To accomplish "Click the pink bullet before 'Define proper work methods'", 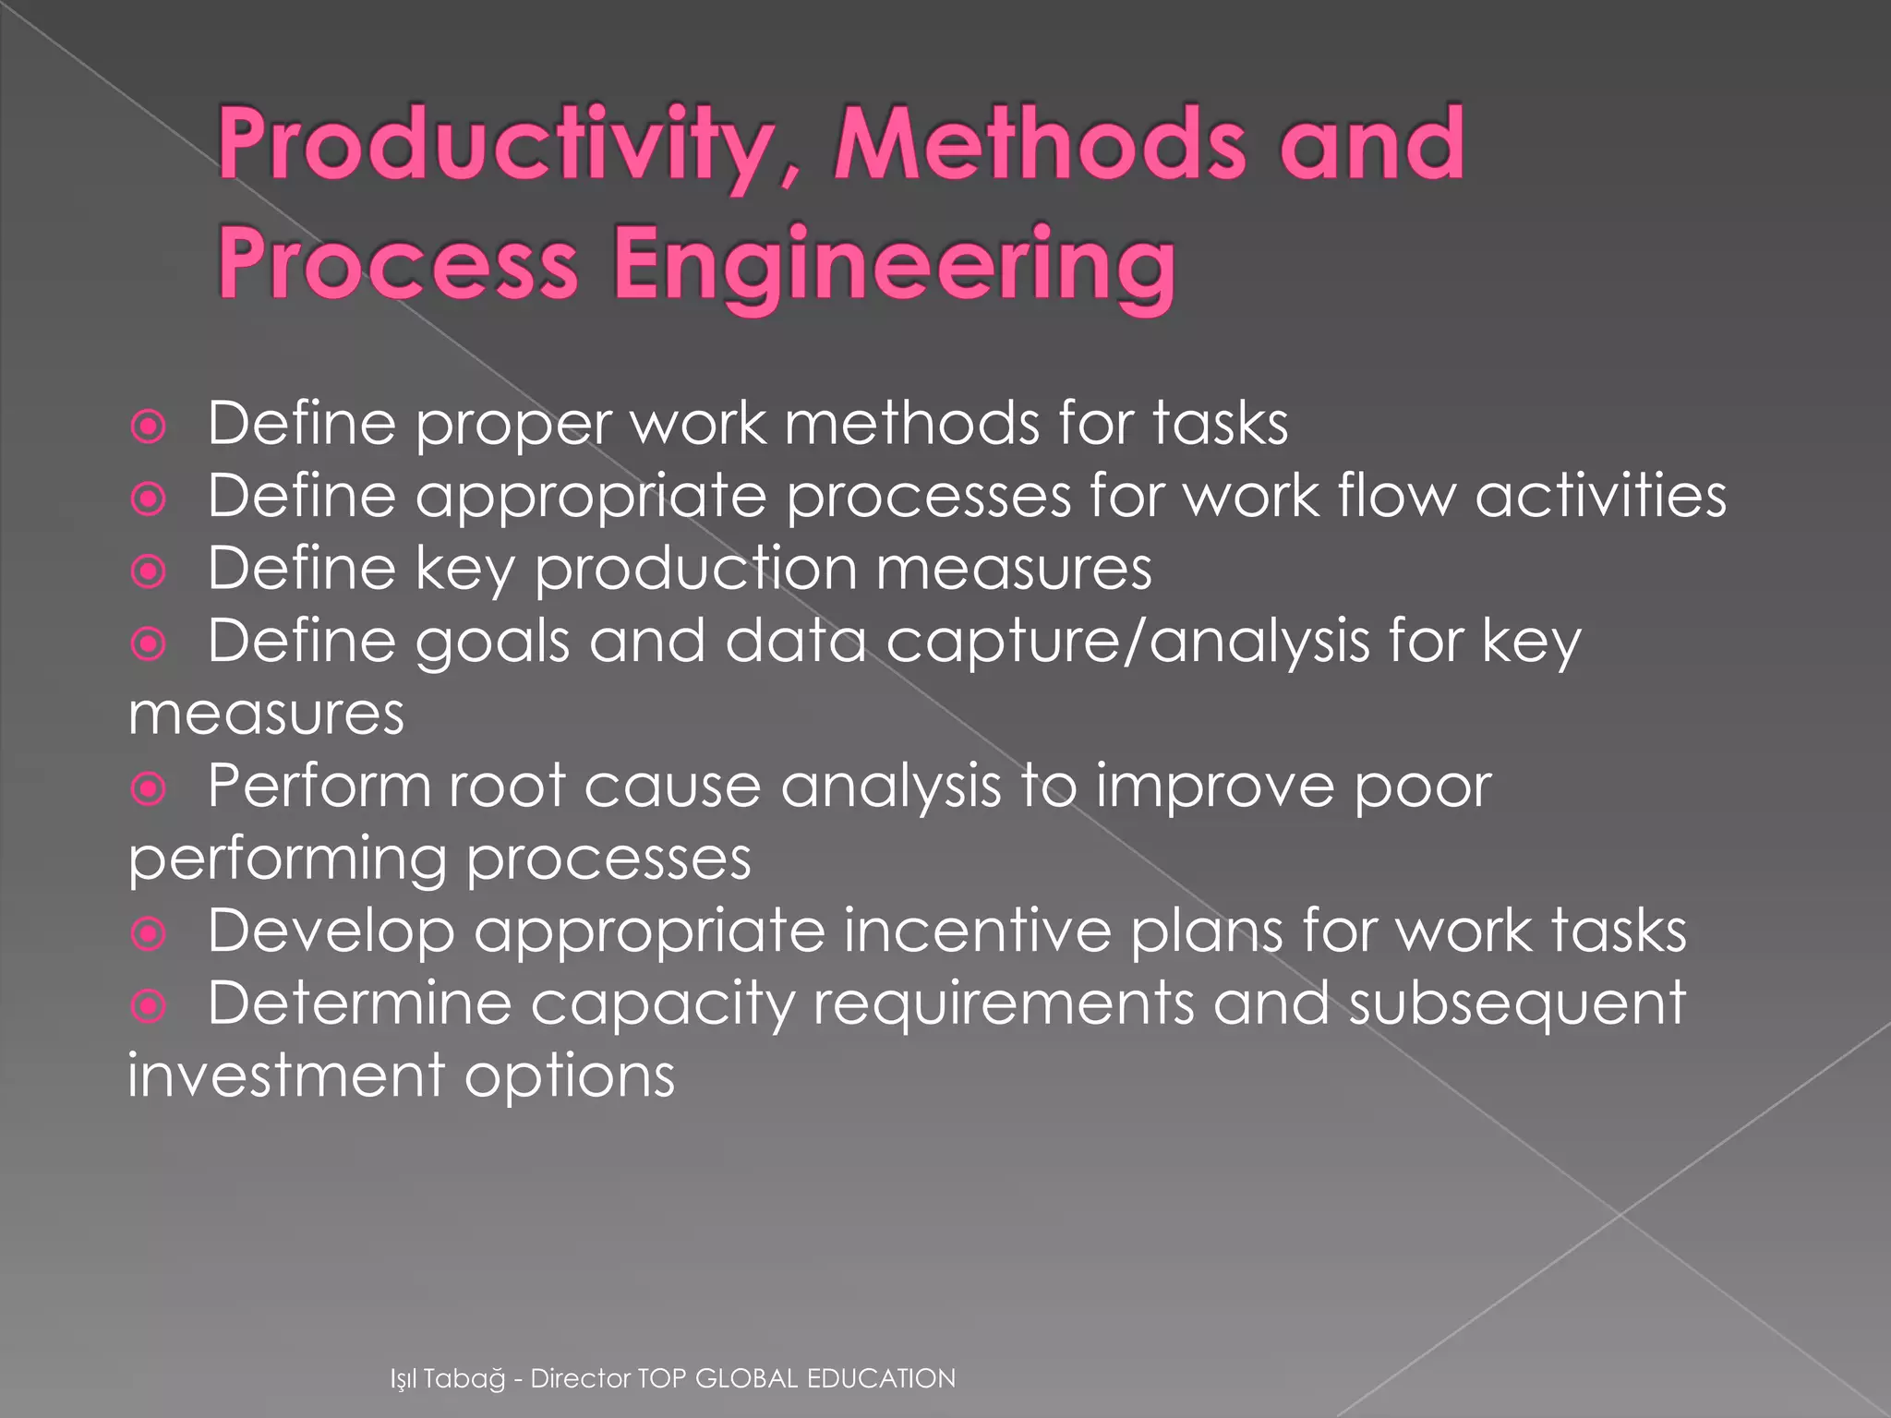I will point(149,427).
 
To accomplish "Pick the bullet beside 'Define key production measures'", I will point(149,571).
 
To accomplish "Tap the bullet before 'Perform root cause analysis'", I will point(149,789).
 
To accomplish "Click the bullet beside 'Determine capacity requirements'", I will point(149,1006).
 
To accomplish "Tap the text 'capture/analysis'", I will point(1127,642).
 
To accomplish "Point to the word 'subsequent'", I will point(1516,1004).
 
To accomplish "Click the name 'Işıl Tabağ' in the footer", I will point(448,1379).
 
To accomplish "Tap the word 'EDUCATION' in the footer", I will point(881,1378).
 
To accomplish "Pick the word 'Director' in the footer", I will point(581,1378).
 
